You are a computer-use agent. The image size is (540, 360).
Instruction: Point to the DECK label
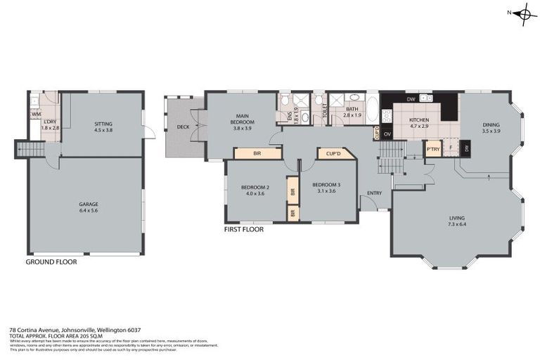coord(183,127)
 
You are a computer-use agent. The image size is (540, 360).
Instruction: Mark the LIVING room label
coord(457,221)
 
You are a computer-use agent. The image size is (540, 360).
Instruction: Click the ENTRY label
coord(374,194)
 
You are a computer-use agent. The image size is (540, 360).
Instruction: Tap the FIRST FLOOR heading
coord(243,229)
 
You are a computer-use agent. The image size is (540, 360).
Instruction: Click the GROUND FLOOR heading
coord(51,262)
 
